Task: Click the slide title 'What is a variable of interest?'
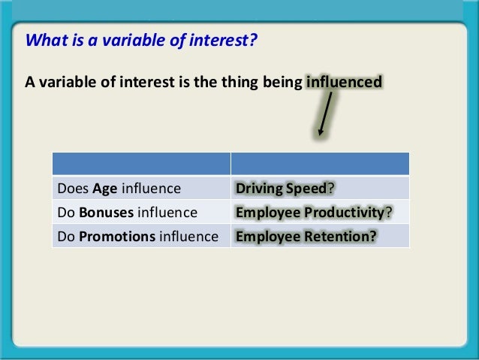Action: tap(142, 39)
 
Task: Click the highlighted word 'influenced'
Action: tap(345, 81)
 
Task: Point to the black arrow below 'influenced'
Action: tap(326, 114)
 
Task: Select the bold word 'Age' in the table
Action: tap(104, 188)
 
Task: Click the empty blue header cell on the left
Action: tap(140, 164)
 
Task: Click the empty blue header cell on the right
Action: tap(320, 164)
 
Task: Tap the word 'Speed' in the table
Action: tap(307, 188)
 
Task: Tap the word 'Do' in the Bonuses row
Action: tap(65, 213)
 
